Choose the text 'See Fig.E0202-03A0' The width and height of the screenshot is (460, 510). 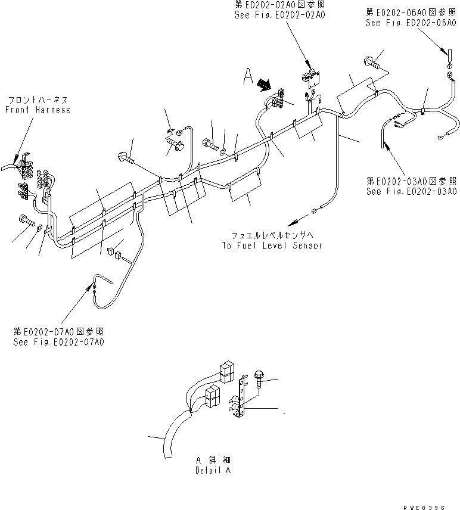(x=412, y=191)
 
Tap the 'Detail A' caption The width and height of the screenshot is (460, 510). (x=213, y=470)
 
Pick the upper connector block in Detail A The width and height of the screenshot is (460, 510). (x=227, y=372)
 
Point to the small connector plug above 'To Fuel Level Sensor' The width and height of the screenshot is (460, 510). (x=313, y=210)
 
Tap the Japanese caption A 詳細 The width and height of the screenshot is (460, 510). (x=213, y=461)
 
